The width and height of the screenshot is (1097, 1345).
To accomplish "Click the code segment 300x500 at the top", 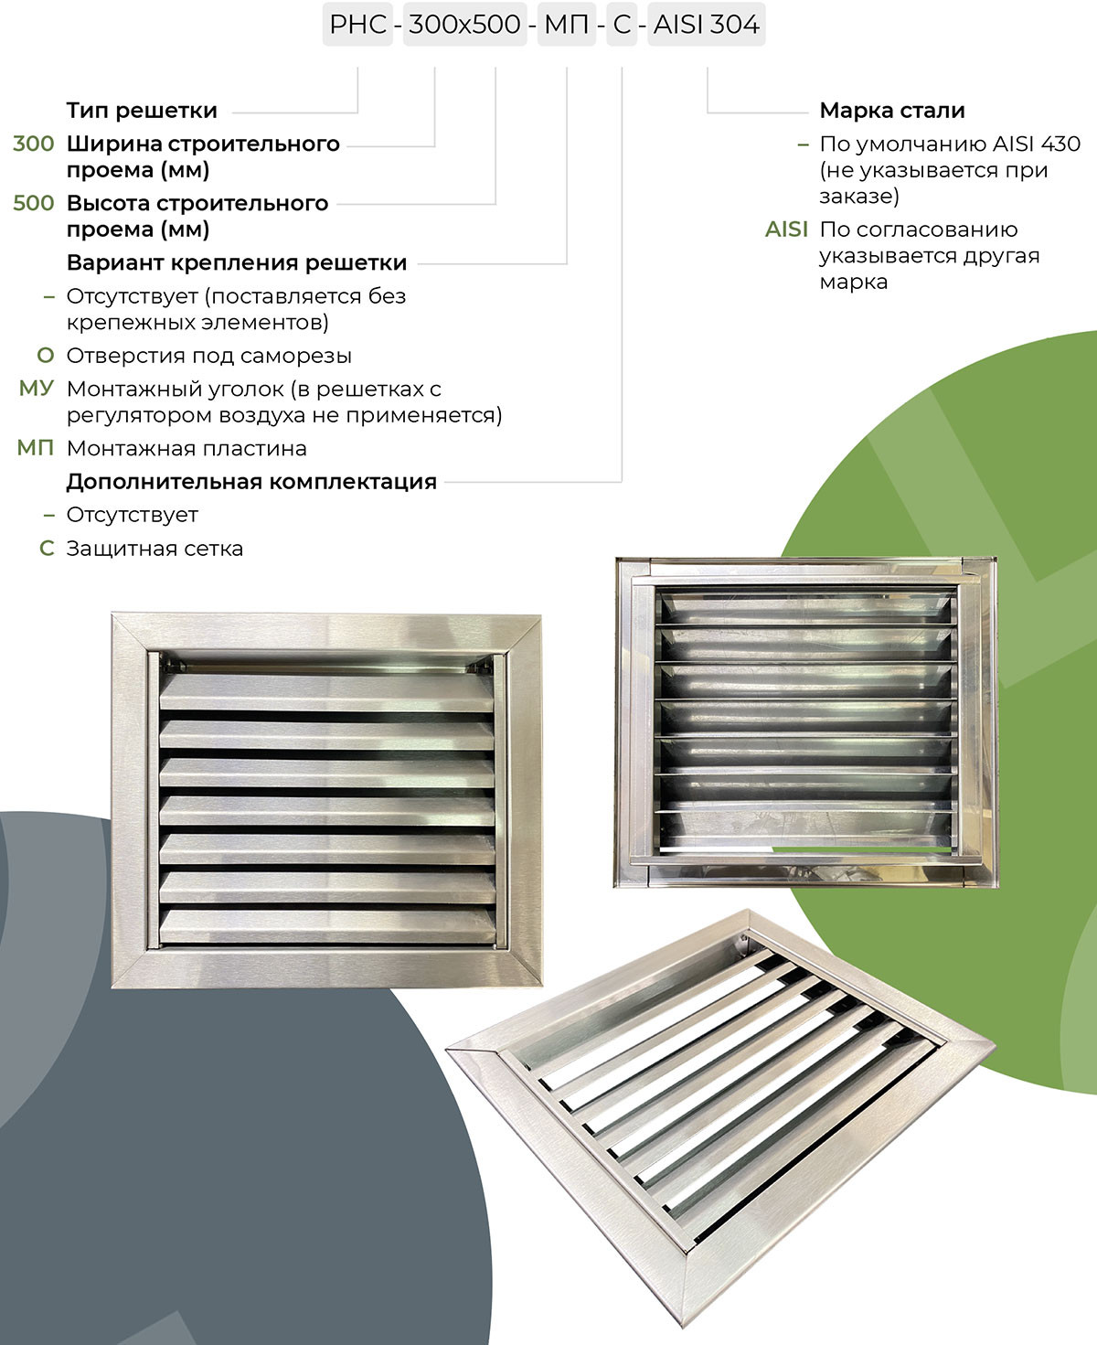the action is point(464,25).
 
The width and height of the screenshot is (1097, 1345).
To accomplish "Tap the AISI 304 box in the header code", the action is point(706,25).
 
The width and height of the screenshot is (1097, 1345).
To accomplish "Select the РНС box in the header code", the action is point(357,25).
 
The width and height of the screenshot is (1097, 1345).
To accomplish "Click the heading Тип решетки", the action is point(142,111).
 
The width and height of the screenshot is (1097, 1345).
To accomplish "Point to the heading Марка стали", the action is point(891,111).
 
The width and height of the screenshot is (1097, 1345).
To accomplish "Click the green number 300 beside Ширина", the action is point(33,144).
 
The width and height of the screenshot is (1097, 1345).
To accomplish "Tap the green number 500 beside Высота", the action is point(33,203).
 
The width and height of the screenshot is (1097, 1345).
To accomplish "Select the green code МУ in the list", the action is point(36,389).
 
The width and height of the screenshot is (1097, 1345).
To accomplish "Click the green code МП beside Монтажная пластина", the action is point(35,448).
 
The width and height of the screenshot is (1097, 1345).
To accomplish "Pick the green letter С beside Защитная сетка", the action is point(47,549).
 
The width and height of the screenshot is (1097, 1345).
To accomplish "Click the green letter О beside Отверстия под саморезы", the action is point(46,356).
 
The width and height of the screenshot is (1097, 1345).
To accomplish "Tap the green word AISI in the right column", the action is point(786,230).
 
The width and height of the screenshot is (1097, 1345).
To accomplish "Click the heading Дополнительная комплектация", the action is point(251,482).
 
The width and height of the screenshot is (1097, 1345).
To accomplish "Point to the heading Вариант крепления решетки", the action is point(237,262).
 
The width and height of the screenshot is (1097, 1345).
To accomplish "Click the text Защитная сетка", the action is point(154,549).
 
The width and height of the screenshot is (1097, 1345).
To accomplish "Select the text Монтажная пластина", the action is point(186,448).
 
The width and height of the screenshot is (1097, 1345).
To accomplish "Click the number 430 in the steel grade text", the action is point(1060,144).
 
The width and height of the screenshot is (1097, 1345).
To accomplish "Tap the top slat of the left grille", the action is point(326,692).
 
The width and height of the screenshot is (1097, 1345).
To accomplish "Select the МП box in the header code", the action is point(567,25).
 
